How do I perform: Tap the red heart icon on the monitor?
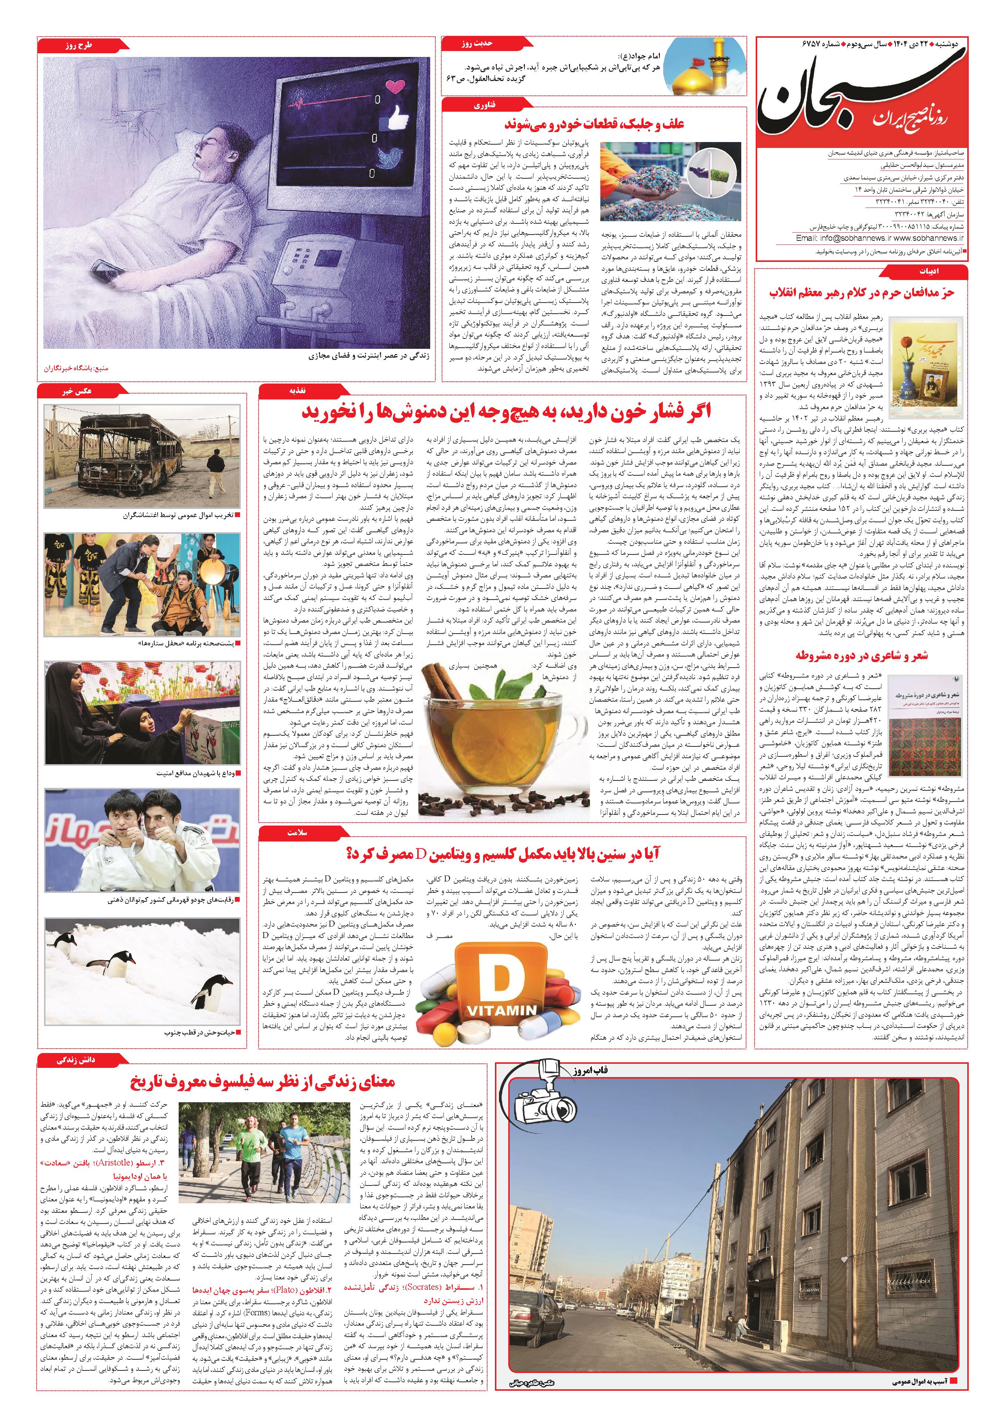[x=395, y=88]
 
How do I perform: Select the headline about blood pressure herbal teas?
[x=506, y=412]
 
